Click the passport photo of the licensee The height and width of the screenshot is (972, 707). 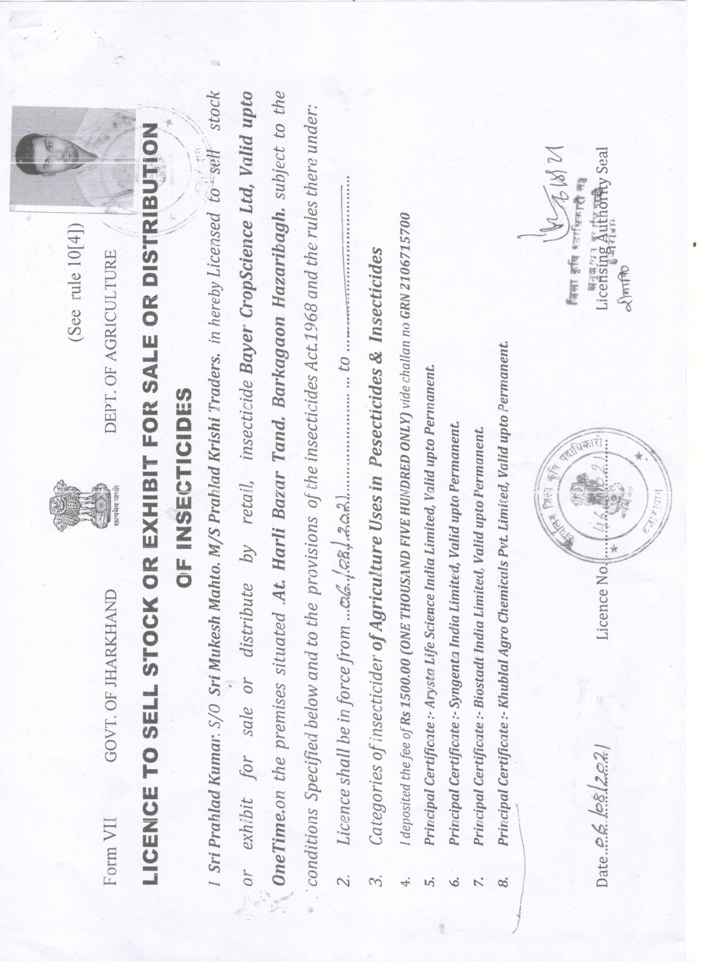point(73,158)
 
